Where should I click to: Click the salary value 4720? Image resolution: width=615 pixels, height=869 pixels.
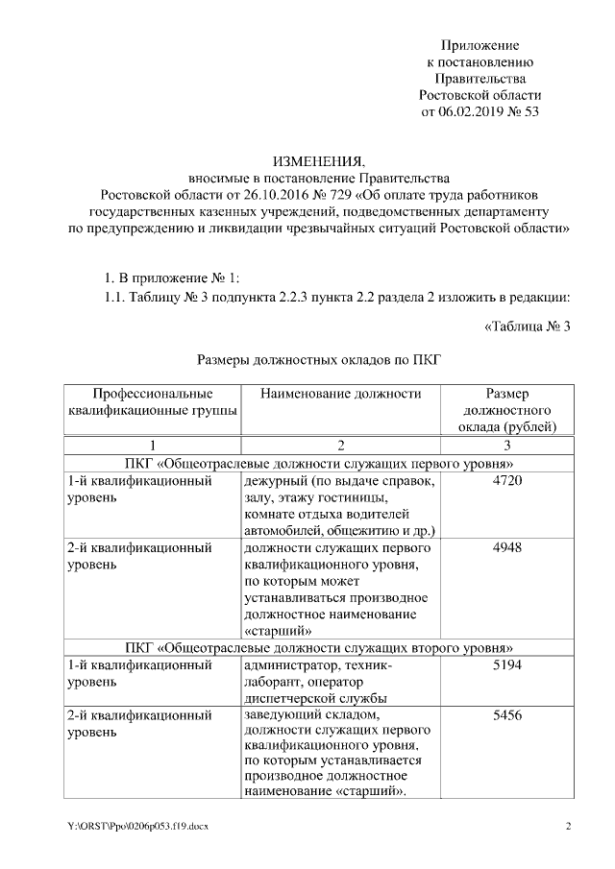(506, 480)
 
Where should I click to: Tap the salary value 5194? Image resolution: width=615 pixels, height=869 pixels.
(506, 664)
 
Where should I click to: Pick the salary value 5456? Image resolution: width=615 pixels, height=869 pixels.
(506, 715)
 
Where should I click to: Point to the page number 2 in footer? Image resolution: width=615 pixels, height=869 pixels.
(568, 827)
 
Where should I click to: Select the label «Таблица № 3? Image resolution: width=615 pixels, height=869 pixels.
(528, 326)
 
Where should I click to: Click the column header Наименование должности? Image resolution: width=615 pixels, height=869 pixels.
(340, 394)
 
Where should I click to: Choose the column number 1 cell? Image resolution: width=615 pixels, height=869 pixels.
(152, 446)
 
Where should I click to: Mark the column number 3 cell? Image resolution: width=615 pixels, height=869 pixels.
(506, 446)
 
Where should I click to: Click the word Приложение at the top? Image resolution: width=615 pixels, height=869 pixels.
(480, 45)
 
